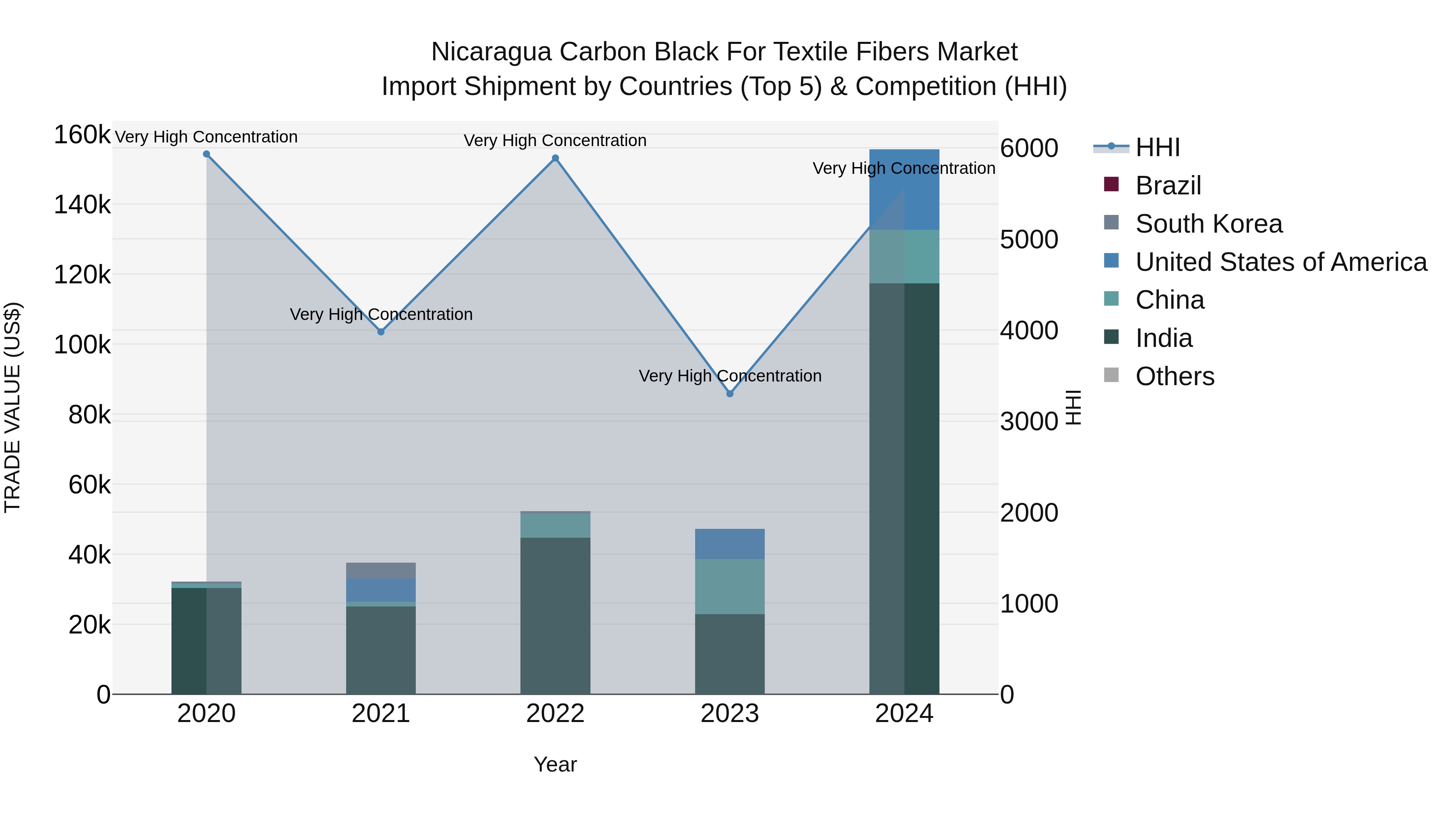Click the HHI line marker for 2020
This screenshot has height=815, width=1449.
pos(206,154)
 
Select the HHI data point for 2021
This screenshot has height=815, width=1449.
pos(381,332)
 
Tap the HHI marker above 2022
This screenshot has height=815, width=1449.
pos(555,159)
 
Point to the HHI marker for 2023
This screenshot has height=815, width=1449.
pos(730,394)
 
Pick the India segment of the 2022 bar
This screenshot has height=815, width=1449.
pos(555,615)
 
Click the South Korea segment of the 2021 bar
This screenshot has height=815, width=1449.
pos(381,570)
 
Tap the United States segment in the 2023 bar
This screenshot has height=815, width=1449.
pos(730,543)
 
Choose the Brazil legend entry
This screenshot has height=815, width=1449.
pos(1168,186)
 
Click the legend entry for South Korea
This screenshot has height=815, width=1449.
pos(1208,224)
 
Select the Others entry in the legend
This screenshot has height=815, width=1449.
pos(1174,376)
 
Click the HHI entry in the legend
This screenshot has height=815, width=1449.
pos(1157,147)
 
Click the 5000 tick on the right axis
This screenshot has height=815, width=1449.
pos(1029,239)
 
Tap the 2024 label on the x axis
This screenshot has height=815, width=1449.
pos(904,714)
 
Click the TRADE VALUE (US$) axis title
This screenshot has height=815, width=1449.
pos(13,407)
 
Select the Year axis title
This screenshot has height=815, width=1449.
pos(555,764)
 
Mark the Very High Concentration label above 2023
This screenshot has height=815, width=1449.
pos(730,376)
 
